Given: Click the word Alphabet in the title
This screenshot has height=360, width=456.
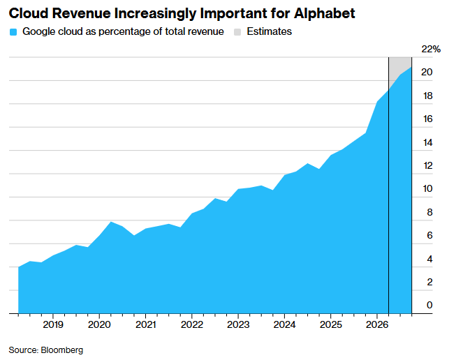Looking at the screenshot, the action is tap(324, 13).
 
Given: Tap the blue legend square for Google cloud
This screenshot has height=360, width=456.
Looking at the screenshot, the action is tap(13, 31).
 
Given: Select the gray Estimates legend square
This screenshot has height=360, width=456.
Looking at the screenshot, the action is tap(237, 31).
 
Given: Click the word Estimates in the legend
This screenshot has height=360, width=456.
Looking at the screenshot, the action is tap(270, 31).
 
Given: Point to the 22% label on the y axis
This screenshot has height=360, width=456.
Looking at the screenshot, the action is tap(431, 49).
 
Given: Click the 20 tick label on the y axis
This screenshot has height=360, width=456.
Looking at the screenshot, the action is tap(427, 72).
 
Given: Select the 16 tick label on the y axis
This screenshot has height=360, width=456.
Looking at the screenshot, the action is tap(427, 119).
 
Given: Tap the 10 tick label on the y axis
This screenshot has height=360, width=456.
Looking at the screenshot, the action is tap(427, 188).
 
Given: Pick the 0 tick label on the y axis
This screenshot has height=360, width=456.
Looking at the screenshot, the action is tap(429, 305).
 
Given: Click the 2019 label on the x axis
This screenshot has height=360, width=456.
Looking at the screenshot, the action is tap(53, 324).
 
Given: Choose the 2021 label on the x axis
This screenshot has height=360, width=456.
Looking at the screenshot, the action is tap(146, 324).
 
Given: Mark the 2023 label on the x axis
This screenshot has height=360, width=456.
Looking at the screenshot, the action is tap(238, 324).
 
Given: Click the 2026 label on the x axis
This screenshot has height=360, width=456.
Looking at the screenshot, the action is tap(377, 324).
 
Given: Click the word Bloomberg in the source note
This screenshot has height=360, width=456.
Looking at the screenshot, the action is tap(62, 350).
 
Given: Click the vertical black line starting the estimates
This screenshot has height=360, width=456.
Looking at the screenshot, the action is tap(389, 186).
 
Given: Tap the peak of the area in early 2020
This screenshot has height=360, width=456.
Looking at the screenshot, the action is tap(111, 222).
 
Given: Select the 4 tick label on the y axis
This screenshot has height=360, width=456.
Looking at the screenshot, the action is tap(429, 259).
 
